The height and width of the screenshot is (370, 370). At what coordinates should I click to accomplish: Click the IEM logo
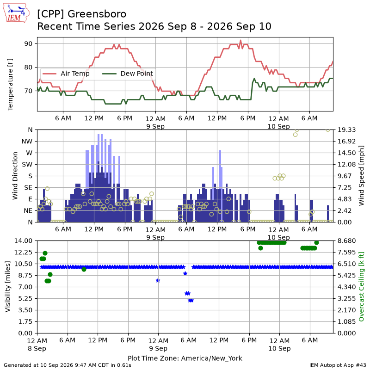point(16,13)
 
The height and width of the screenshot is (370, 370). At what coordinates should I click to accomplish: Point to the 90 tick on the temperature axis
point(28,44)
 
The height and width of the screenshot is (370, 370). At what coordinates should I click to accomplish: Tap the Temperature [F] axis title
point(10,85)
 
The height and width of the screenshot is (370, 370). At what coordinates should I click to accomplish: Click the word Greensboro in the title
point(97,14)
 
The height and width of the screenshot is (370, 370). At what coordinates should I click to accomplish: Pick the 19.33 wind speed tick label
point(346,130)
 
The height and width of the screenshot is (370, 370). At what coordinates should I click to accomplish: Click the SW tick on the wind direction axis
point(27,165)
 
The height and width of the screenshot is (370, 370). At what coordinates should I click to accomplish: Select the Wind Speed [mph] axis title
point(361,176)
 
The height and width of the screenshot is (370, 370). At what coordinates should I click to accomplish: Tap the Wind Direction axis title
point(15,176)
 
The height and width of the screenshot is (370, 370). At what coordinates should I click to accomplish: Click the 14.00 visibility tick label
point(23,241)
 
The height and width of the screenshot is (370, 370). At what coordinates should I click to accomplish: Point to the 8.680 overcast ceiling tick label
point(346,241)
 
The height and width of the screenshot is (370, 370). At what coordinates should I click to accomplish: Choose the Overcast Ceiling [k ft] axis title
point(361,286)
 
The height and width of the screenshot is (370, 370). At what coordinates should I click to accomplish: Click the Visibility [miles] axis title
point(7,286)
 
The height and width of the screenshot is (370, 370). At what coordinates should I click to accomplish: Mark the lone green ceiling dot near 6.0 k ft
point(84,269)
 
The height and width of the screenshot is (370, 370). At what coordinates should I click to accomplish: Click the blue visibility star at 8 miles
point(158,280)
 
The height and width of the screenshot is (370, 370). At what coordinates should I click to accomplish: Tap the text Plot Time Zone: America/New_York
point(185,358)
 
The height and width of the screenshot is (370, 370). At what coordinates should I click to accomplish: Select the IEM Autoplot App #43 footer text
point(338,365)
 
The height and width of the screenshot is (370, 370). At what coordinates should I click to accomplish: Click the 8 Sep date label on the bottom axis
point(37,348)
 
